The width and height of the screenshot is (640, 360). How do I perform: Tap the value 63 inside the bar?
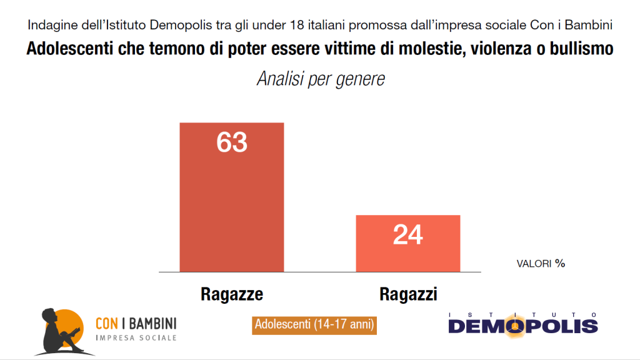tap(232, 142)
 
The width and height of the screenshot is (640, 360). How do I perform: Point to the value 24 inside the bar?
tap(407, 235)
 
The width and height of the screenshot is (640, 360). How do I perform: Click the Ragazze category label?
tap(232, 294)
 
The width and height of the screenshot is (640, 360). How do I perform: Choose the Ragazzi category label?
tap(408, 294)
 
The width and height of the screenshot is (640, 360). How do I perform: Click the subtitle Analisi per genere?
tap(320, 79)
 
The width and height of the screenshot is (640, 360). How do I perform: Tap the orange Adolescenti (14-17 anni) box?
tap(314, 325)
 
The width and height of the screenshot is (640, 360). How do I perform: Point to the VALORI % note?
tap(540, 263)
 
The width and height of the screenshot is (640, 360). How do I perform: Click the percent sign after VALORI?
tap(560, 263)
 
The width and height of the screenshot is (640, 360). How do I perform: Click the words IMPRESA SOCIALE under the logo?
tap(135, 338)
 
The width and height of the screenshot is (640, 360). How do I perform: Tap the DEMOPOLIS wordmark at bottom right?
tap(523, 326)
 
